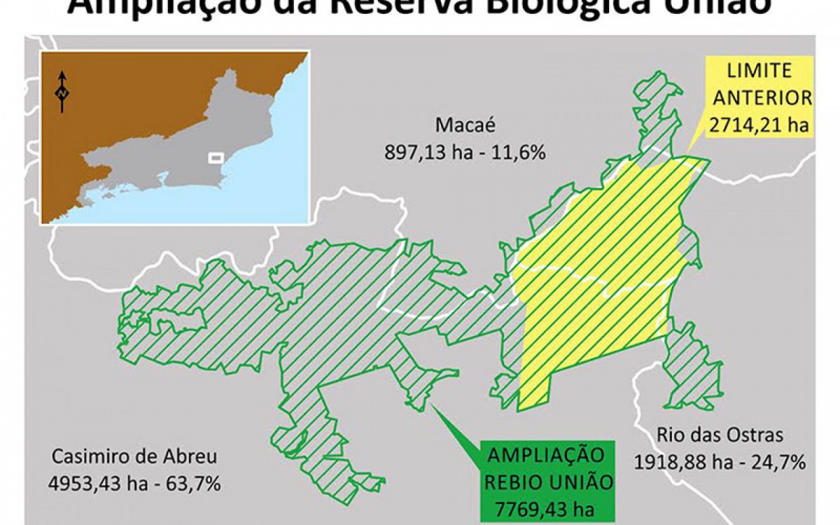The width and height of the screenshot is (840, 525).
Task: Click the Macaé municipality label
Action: click(465, 125)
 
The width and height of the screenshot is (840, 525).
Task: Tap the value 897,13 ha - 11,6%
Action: click(465, 152)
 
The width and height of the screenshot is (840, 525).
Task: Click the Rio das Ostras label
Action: click(720, 435)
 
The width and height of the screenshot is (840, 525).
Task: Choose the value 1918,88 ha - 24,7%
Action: click(720, 462)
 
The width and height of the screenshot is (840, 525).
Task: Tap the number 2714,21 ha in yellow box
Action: click(759, 125)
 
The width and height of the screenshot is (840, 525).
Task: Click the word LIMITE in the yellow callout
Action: click(759, 71)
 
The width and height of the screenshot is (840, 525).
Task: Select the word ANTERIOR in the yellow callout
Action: click(759, 98)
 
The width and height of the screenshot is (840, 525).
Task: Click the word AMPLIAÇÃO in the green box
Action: click(545, 454)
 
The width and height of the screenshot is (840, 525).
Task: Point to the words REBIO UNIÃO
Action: click(545, 481)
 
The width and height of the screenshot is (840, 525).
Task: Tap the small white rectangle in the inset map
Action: click(216, 157)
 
